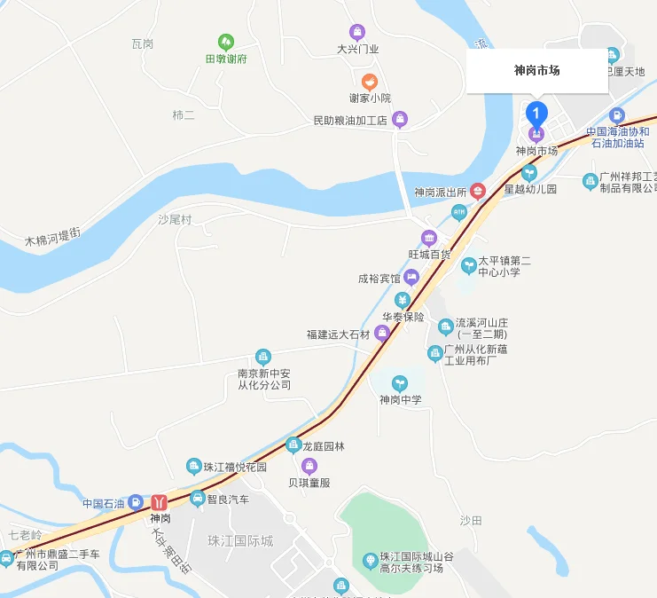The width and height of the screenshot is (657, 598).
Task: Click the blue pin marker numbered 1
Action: click(536, 114)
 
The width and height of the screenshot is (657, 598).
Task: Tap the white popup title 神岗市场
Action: click(536, 71)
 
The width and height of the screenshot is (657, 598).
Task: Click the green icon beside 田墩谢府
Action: click(226, 42)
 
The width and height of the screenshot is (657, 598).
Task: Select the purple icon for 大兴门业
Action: click(357, 32)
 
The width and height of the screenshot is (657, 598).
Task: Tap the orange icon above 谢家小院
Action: click(370, 81)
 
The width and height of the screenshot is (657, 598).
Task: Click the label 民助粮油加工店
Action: click(351, 120)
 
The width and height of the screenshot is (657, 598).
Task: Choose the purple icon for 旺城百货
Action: click(429, 237)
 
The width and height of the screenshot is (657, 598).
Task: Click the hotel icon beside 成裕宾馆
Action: click(411, 278)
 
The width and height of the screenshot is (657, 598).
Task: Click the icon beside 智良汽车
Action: click(198, 499)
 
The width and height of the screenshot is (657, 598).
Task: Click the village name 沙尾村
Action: click(175, 219)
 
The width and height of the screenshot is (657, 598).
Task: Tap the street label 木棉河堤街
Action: click(52, 237)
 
